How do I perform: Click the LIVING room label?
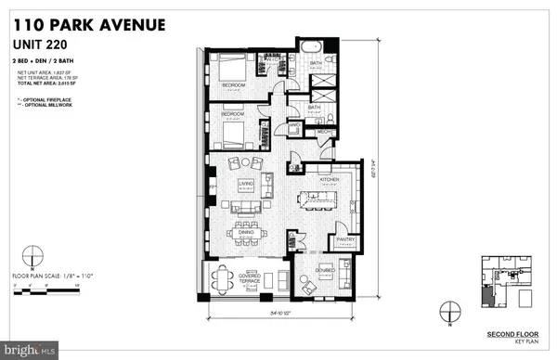tap(247, 186)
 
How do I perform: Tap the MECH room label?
tap(325, 133)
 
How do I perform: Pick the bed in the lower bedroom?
tap(231, 130)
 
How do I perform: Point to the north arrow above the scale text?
tap(32, 253)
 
